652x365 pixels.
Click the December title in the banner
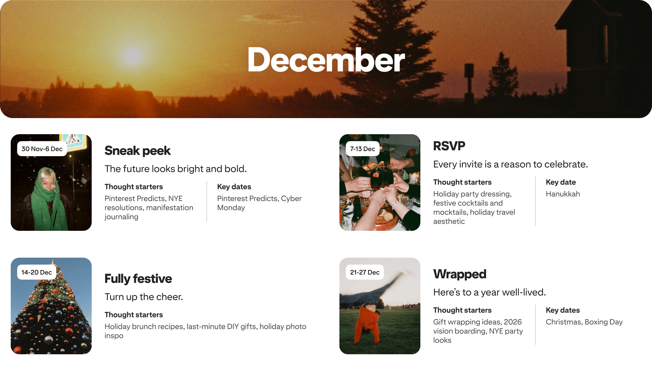tap(326, 60)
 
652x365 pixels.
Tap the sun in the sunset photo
tap(132, 56)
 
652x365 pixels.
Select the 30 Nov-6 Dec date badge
tap(42, 149)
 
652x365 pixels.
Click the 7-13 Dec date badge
tap(362, 149)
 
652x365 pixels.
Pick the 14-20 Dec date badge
tap(36, 272)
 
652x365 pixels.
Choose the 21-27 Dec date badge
tap(365, 272)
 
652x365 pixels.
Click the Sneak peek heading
tap(138, 151)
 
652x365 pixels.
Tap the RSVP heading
tap(449, 146)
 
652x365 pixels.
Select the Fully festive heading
tap(138, 279)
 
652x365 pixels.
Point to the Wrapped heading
tap(460, 274)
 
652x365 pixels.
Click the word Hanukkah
tap(563, 194)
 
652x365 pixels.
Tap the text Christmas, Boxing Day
tap(584, 322)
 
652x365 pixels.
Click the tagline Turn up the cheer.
tap(144, 297)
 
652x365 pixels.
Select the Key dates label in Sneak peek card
tap(234, 187)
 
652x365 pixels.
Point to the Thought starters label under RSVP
tap(462, 182)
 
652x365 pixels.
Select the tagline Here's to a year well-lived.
tap(489, 292)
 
